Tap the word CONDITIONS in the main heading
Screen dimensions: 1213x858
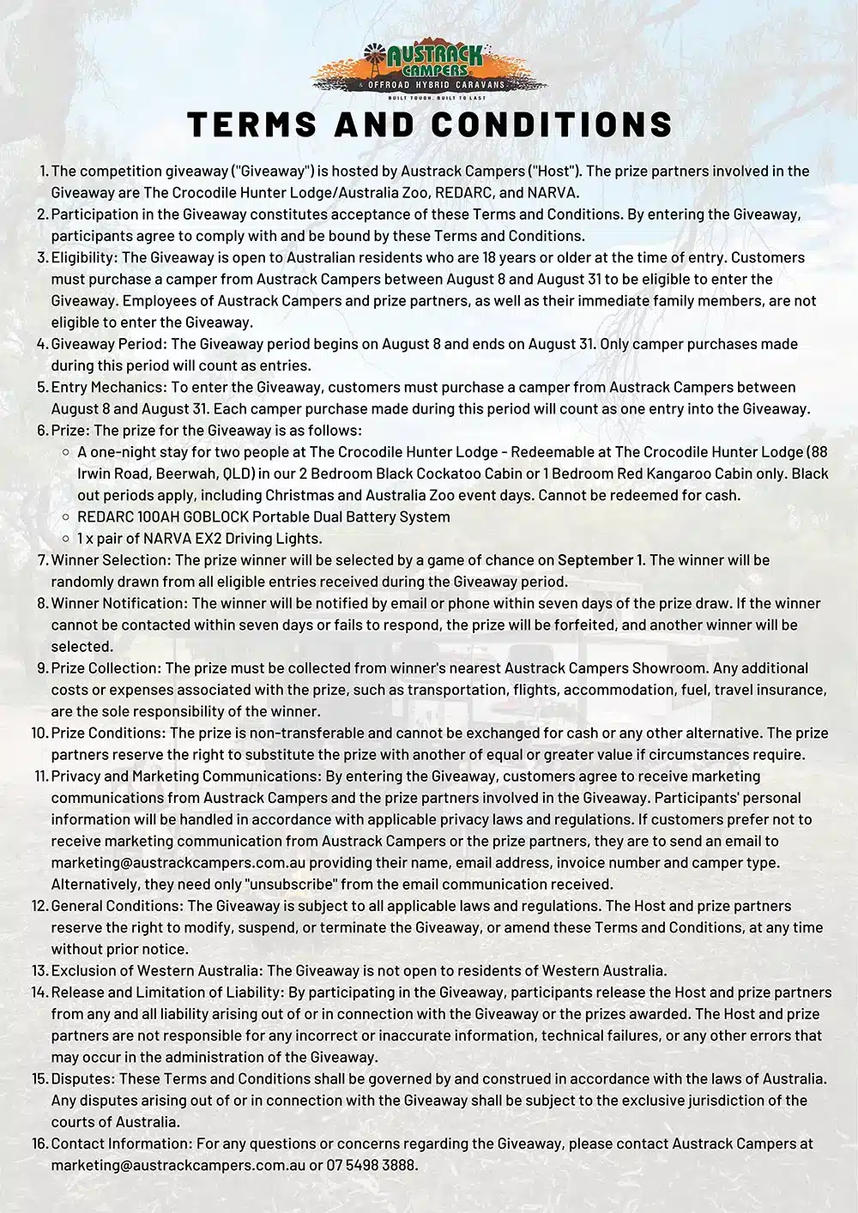(x=552, y=124)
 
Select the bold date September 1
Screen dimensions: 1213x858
(x=601, y=560)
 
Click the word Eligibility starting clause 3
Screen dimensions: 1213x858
(x=84, y=257)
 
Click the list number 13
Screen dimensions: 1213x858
(x=39, y=971)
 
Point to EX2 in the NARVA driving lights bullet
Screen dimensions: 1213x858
(x=190, y=539)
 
